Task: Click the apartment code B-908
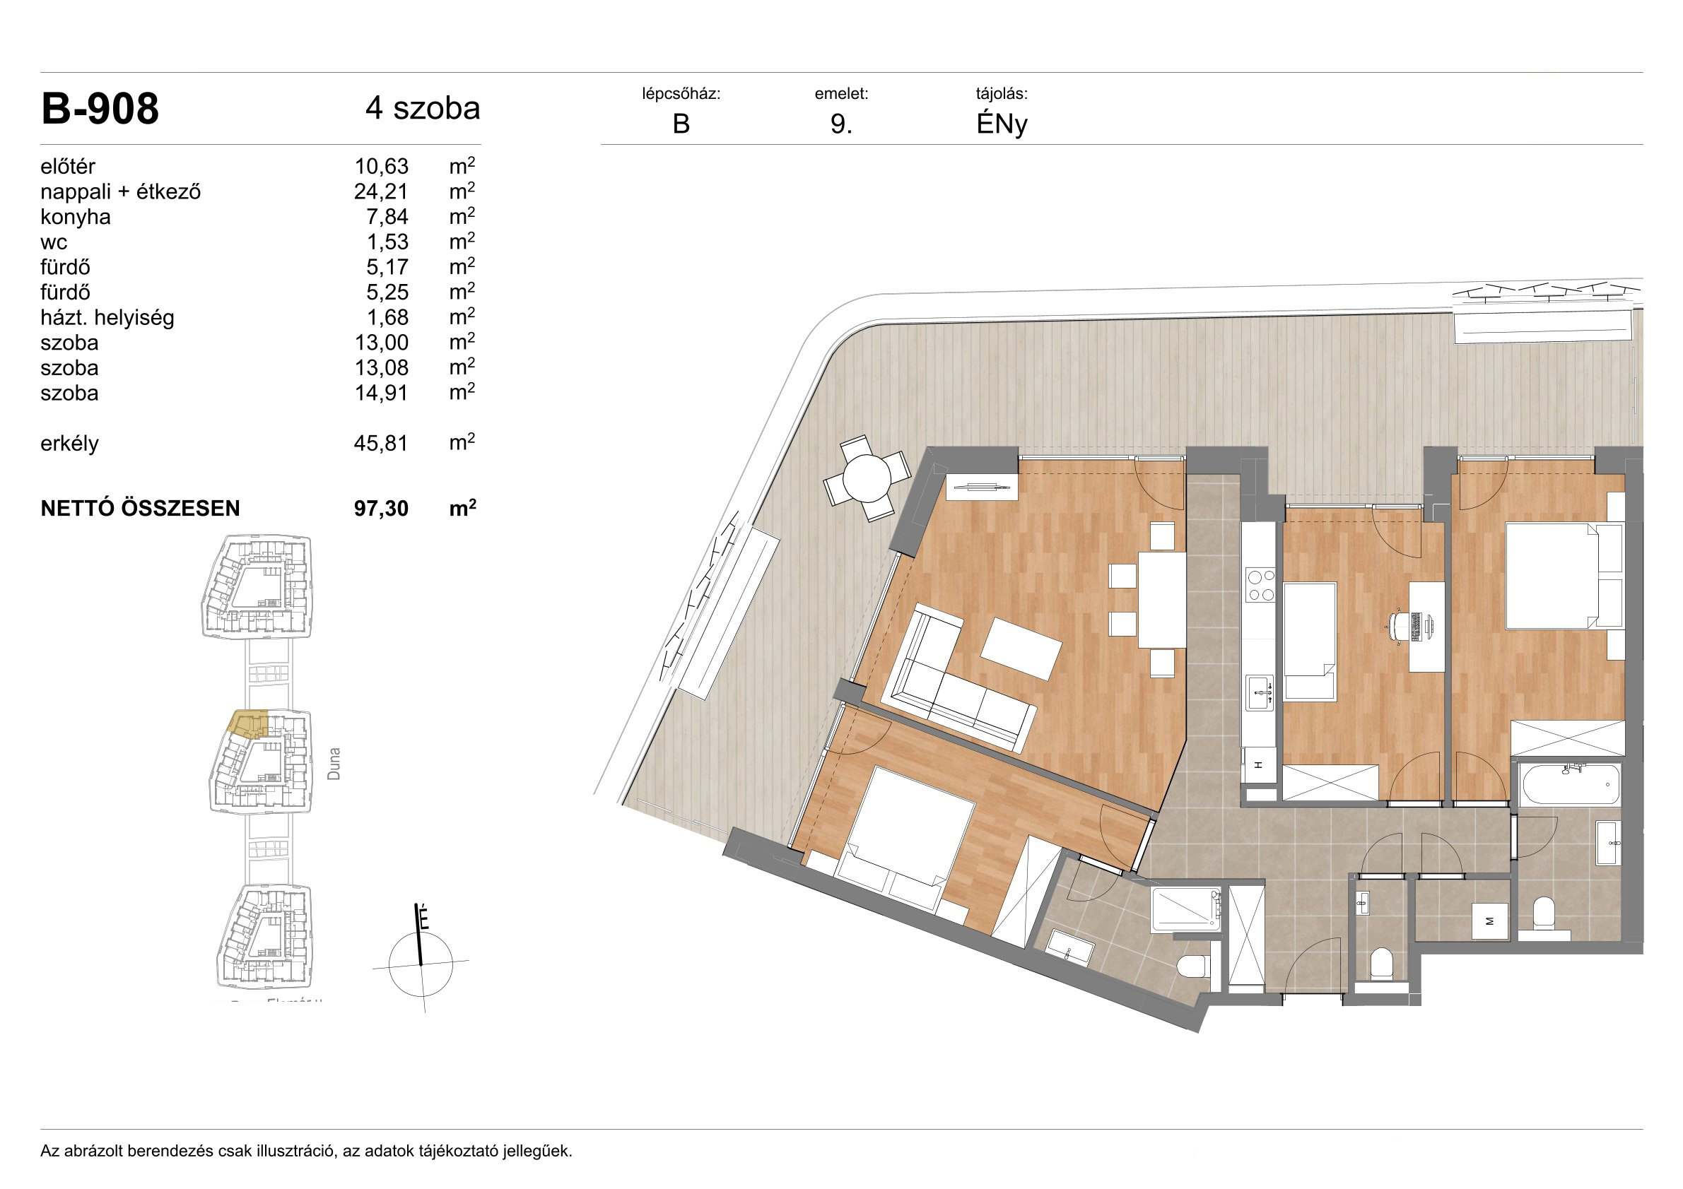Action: [100, 110]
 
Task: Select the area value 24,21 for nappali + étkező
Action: [381, 192]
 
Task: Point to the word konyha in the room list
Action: [76, 218]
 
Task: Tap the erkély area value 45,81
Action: [381, 444]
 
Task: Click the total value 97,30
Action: [381, 509]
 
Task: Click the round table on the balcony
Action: [867, 478]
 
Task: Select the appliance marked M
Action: [1489, 921]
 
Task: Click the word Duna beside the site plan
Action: [334, 764]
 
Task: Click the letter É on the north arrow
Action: [423, 918]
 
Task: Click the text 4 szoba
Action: [423, 108]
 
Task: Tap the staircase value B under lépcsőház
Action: [681, 124]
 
